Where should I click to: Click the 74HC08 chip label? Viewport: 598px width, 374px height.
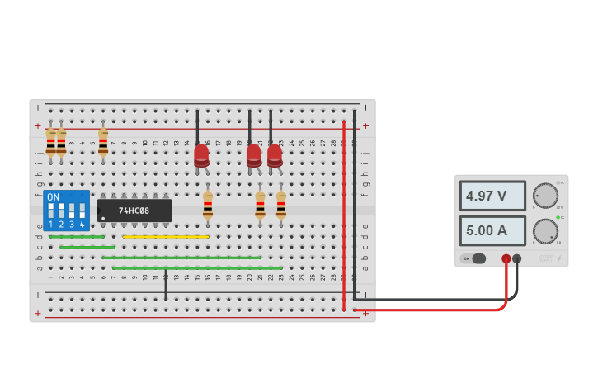click(x=134, y=211)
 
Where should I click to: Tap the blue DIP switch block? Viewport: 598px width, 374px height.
click(x=66, y=211)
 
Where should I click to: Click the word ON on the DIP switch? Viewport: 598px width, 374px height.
click(x=53, y=197)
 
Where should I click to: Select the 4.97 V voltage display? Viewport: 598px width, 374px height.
click(x=492, y=196)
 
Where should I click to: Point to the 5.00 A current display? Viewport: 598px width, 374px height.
click(x=492, y=231)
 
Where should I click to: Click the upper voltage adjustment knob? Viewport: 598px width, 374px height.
click(x=544, y=196)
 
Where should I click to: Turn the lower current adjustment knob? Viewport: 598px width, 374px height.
click(x=544, y=231)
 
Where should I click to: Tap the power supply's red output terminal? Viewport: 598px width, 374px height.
click(x=506, y=258)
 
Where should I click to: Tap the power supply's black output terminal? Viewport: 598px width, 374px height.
click(x=517, y=258)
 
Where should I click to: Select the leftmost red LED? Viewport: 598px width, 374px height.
click(x=201, y=154)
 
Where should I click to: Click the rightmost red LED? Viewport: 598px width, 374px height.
click(x=275, y=154)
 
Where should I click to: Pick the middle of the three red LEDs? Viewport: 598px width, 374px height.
click(x=254, y=154)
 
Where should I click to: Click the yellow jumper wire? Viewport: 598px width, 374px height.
click(x=165, y=237)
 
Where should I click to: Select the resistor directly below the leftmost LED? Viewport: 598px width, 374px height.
click(x=208, y=205)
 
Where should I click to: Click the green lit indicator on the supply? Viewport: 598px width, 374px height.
click(x=558, y=217)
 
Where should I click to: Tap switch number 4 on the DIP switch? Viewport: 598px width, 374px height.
click(x=82, y=211)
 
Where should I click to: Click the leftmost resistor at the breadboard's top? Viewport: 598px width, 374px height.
click(x=50, y=142)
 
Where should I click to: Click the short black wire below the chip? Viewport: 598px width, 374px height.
click(x=166, y=285)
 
